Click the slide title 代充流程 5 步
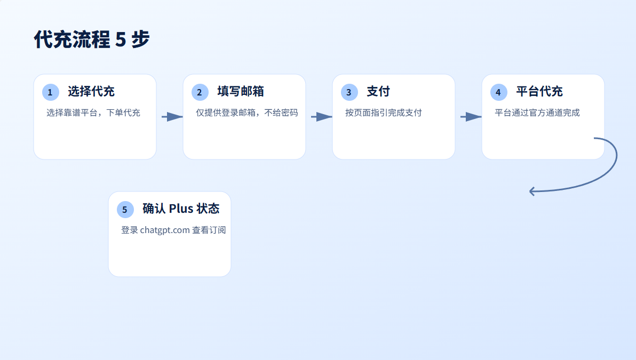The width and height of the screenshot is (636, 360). point(92,39)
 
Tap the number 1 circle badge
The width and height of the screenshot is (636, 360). point(50,92)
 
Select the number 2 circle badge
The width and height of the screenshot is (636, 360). point(200,92)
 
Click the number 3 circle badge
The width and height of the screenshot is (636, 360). point(349,92)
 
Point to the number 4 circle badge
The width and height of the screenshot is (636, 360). point(498,92)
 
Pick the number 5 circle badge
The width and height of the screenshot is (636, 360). point(125,210)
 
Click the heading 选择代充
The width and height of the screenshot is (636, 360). point(91,91)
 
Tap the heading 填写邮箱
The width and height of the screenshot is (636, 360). point(241,91)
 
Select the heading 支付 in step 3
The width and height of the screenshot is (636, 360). point(378,91)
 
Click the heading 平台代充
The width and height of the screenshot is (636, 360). point(539,91)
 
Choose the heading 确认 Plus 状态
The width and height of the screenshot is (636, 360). point(181,209)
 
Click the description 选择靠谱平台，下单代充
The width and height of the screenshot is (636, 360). point(93,113)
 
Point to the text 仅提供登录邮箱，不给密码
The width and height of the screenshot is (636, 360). point(247,113)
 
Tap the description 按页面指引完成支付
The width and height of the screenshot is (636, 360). point(384,113)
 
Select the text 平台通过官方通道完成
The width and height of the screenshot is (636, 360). point(537,113)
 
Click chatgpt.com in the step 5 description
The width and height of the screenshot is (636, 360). point(165,230)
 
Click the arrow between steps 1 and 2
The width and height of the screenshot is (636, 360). point(172,117)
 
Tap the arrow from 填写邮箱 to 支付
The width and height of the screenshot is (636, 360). point(321,117)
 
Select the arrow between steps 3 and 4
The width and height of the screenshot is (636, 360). point(471,117)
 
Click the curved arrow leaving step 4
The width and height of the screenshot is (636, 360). point(614,165)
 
